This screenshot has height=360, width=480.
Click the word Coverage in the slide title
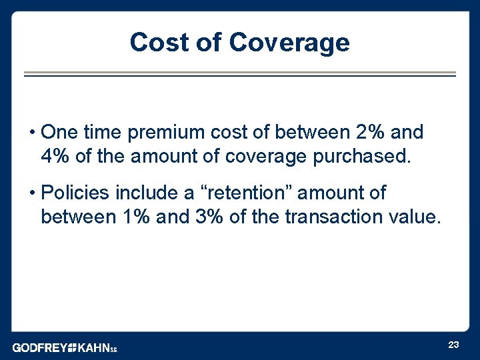289,42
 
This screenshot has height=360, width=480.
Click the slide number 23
453,345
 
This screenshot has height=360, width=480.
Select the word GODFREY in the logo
39,348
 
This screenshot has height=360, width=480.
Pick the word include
148,193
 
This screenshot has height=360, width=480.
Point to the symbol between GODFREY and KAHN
72,348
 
